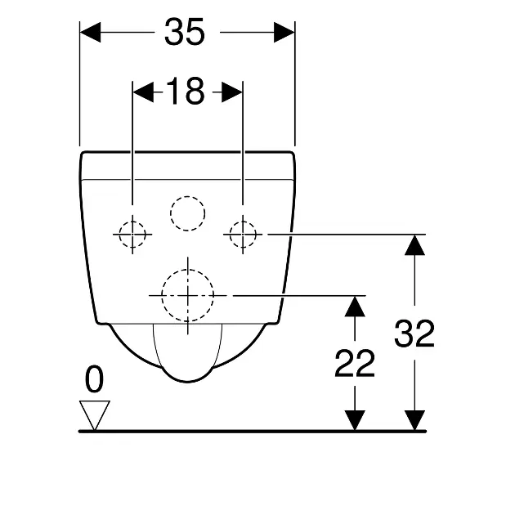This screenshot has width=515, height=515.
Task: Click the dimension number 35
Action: point(185,32)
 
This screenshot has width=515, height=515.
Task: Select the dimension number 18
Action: point(185,92)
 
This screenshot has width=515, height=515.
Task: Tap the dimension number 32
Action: point(414,334)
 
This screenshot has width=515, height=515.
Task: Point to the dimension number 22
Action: point(355,364)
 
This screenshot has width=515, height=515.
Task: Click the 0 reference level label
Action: point(94,379)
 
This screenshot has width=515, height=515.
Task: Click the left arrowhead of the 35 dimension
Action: point(90,32)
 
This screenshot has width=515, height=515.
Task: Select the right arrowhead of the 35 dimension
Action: point(284,32)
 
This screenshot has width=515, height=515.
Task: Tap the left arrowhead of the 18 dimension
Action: point(143,92)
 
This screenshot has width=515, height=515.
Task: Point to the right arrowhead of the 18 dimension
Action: point(232,92)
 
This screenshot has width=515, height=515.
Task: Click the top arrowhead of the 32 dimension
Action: point(414,245)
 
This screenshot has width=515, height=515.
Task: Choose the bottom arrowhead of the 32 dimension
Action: point(414,420)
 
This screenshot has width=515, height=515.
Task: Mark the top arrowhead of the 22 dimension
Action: point(355,306)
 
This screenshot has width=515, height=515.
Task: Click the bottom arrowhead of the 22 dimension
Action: point(355,420)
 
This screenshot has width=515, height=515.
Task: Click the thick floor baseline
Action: point(253,432)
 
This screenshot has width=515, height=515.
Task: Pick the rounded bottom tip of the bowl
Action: point(187,382)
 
